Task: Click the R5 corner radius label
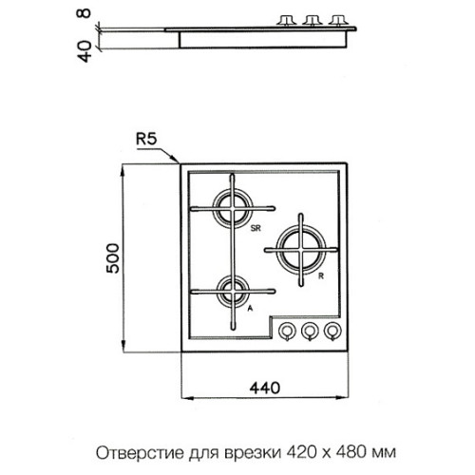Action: pyautogui.click(x=146, y=139)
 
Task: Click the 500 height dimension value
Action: pyautogui.click(x=113, y=258)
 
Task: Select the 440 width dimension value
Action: pyautogui.click(x=265, y=388)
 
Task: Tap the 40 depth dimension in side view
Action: pyautogui.click(x=85, y=52)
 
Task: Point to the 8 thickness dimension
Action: pyautogui.click(x=85, y=13)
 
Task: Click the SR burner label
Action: pyautogui.click(x=256, y=228)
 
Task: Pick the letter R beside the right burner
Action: pyautogui.click(x=321, y=276)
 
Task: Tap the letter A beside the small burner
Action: pyautogui.click(x=250, y=308)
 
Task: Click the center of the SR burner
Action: pyautogui.click(x=233, y=208)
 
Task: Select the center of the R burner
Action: pyautogui.click(x=301, y=250)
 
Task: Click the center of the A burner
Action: pyautogui.click(x=233, y=292)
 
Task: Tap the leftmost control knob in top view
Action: pyautogui.click(x=287, y=332)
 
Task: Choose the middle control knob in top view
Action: pyautogui.click(x=310, y=332)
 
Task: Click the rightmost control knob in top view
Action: pyautogui.click(x=332, y=332)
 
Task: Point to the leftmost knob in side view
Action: pyautogui.click(x=287, y=20)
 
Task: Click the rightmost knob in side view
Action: pyautogui.click(x=338, y=20)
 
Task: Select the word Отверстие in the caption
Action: pyautogui.click(x=140, y=453)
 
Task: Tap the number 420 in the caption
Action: pyautogui.click(x=301, y=453)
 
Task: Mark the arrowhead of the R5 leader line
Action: pyautogui.click(x=180, y=162)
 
